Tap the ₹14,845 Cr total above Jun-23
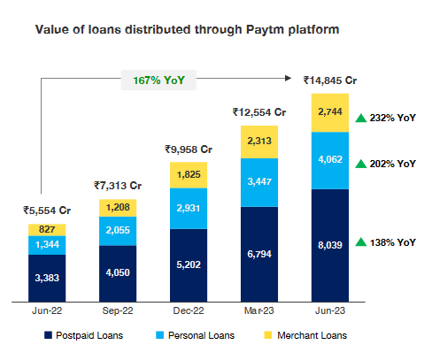point(329,80)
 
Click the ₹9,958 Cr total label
point(189,149)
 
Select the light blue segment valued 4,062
point(329,161)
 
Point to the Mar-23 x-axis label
point(259,310)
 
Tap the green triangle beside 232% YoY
point(360,119)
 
